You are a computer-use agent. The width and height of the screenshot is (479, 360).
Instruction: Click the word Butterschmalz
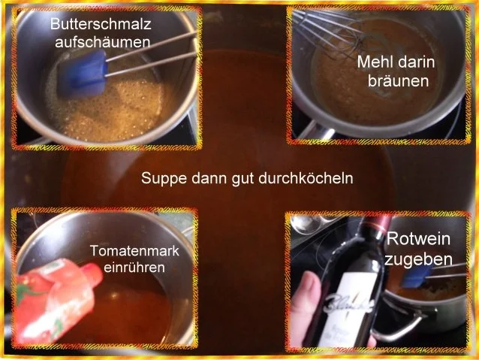[101, 23]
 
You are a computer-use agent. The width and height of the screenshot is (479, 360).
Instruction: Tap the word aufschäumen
[103, 41]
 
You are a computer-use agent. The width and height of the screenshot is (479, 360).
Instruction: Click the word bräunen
[398, 80]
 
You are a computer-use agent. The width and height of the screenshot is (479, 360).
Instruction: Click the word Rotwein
[419, 241]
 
